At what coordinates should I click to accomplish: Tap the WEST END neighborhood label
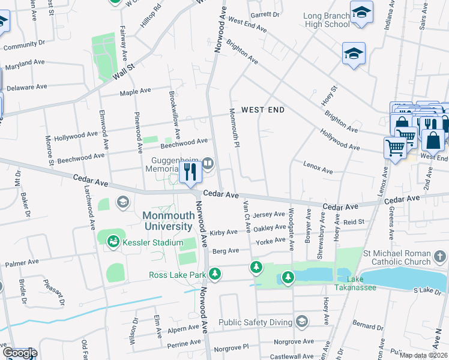(x=262, y=110)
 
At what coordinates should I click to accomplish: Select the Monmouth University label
(x=167, y=221)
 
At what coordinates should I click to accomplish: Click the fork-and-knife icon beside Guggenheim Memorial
(x=190, y=173)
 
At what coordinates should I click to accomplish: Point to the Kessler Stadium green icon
(x=113, y=242)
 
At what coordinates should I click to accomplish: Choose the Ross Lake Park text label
(x=178, y=275)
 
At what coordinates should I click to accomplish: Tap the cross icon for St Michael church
(x=440, y=257)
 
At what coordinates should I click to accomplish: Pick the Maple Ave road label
(x=135, y=92)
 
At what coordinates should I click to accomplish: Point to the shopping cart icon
(x=394, y=148)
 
